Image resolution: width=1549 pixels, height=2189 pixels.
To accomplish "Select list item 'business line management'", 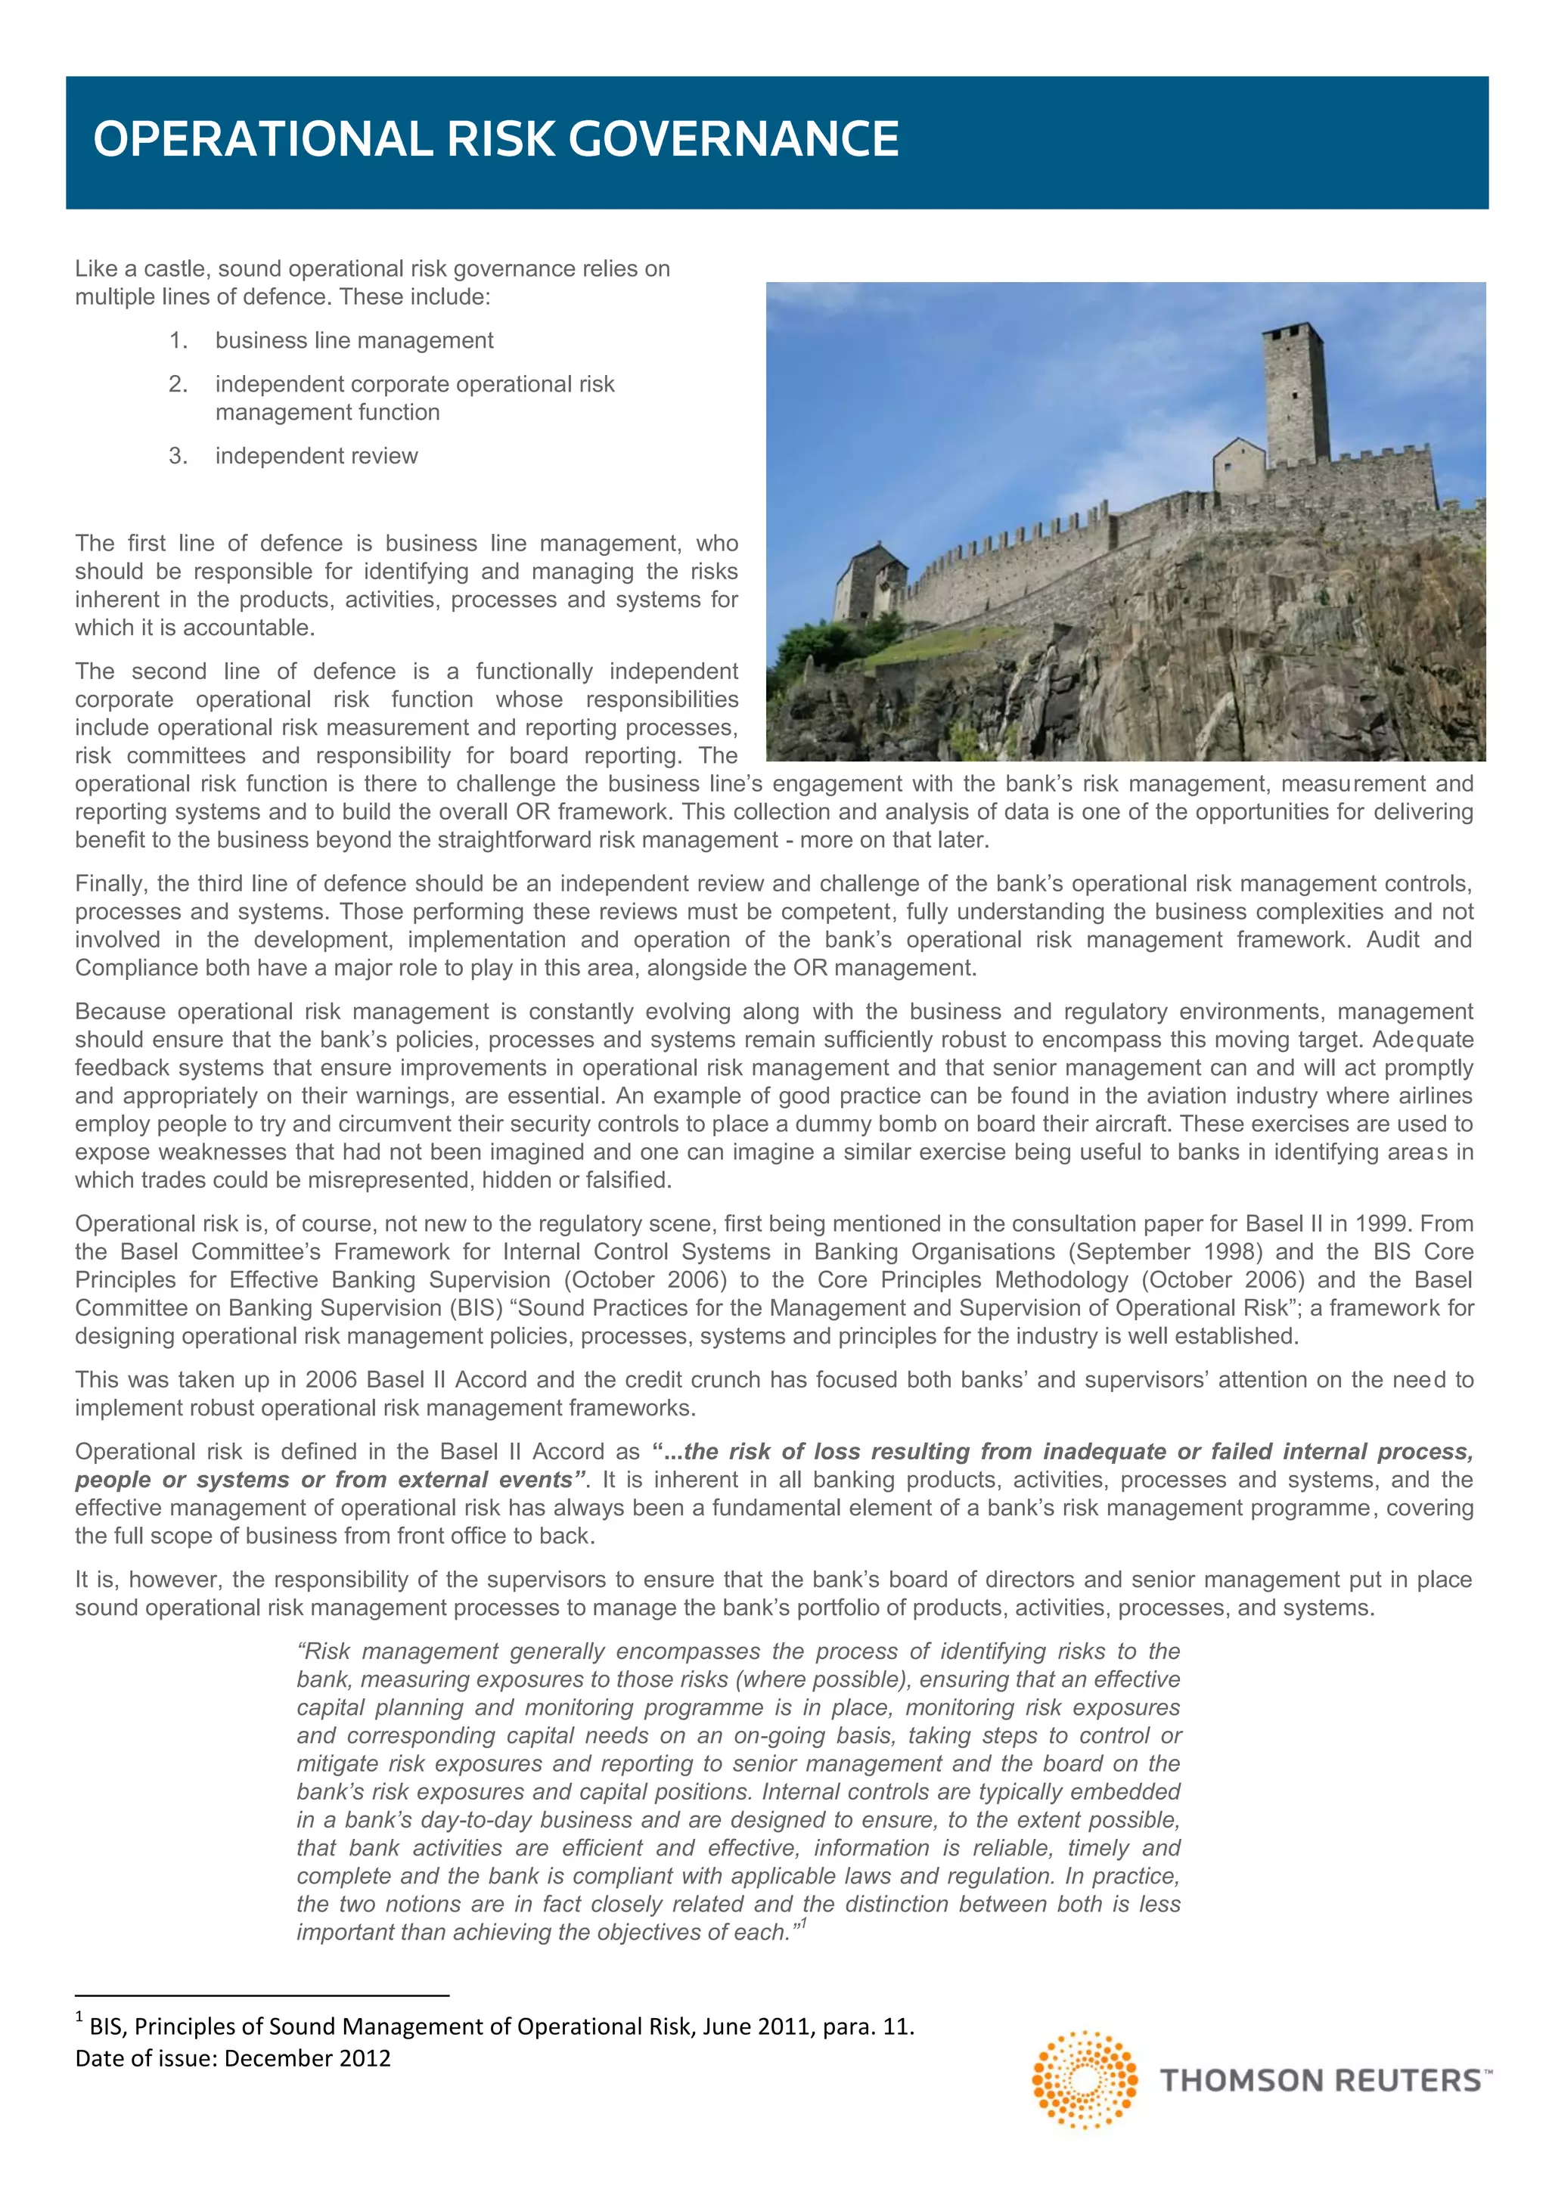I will [x=354, y=340].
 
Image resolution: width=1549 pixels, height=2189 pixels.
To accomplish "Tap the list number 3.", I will [x=178, y=456].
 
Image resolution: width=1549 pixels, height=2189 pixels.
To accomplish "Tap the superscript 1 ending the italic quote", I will [x=804, y=1924].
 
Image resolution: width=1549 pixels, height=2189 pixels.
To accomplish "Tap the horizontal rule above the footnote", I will [x=262, y=1995].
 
